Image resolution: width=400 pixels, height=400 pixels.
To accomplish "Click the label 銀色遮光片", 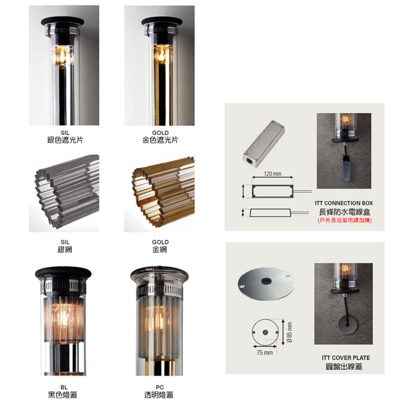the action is pyautogui.click(x=65, y=140).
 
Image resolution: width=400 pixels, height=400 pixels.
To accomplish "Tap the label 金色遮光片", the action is pyautogui.click(x=160, y=140).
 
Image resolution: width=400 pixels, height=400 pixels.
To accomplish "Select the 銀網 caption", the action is pyautogui.click(x=65, y=249).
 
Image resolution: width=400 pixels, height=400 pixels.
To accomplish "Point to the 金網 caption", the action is pyautogui.click(x=160, y=249).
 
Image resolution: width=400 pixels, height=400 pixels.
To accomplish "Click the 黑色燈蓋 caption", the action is pyautogui.click(x=62, y=395).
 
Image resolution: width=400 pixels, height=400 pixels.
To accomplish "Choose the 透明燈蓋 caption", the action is pyautogui.click(x=159, y=395).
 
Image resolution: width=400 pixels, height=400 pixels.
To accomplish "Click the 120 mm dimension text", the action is pyautogui.click(x=272, y=174).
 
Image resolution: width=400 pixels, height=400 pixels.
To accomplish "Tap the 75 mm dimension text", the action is pyautogui.click(x=264, y=352).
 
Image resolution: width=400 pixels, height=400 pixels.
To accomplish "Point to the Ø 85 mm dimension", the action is pyautogui.click(x=289, y=332).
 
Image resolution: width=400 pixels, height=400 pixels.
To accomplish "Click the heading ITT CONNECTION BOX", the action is pyautogui.click(x=344, y=203).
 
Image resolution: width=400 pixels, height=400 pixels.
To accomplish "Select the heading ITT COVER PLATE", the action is pyautogui.click(x=346, y=358).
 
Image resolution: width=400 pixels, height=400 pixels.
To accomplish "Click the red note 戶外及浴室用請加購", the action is pyautogui.click(x=345, y=220).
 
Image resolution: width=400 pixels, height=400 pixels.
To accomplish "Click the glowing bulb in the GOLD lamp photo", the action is pyautogui.click(x=161, y=55).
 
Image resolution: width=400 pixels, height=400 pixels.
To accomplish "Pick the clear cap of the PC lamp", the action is pyautogui.click(x=160, y=273).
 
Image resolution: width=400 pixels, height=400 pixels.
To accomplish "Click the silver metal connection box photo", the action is pyautogui.click(x=264, y=144).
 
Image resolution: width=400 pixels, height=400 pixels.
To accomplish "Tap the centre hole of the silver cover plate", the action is pyautogui.click(x=266, y=281).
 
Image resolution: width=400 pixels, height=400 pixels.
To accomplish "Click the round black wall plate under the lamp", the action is pyautogui.click(x=348, y=325).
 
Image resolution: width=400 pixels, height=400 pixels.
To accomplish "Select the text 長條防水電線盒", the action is pyautogui.click(x=344, y=212).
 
